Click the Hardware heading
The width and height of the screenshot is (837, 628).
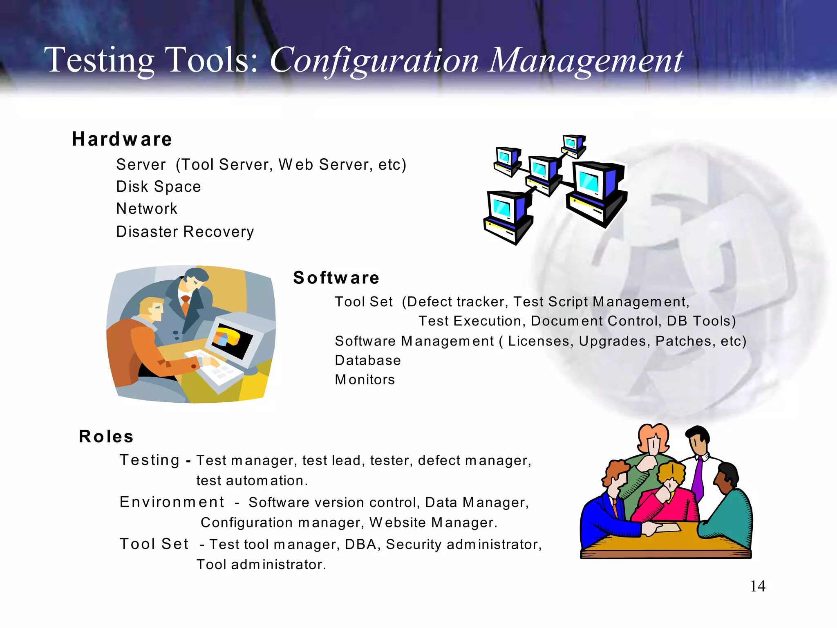tap(122, 139)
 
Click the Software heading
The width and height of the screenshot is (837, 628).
tap(336, 278)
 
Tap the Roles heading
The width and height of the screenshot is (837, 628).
tap(106, 437)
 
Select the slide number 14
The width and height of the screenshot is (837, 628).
tap(757, 586)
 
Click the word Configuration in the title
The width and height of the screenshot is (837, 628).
tap(374, 61)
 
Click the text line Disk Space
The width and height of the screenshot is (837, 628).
tap(159, 187)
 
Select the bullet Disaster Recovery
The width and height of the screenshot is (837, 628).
tap(185, 232)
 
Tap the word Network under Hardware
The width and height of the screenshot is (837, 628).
tap(147, 209)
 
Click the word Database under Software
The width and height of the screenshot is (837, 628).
tap(368, 361)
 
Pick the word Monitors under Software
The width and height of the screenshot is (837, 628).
tap(365, 380)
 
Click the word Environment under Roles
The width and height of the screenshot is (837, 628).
tap(172, 502)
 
